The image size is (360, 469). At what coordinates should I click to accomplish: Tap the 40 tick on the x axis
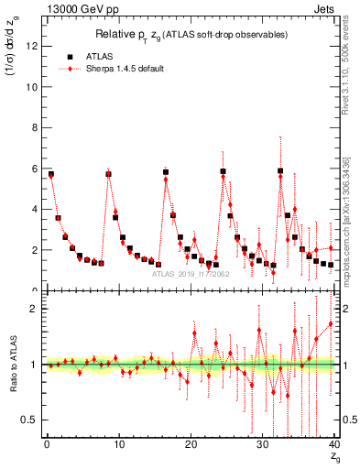[x=331, y=445]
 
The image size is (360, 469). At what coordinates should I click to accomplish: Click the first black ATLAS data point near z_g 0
[x=50, y=174]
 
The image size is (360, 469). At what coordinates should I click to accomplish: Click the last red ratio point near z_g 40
[x=331, y=323]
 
